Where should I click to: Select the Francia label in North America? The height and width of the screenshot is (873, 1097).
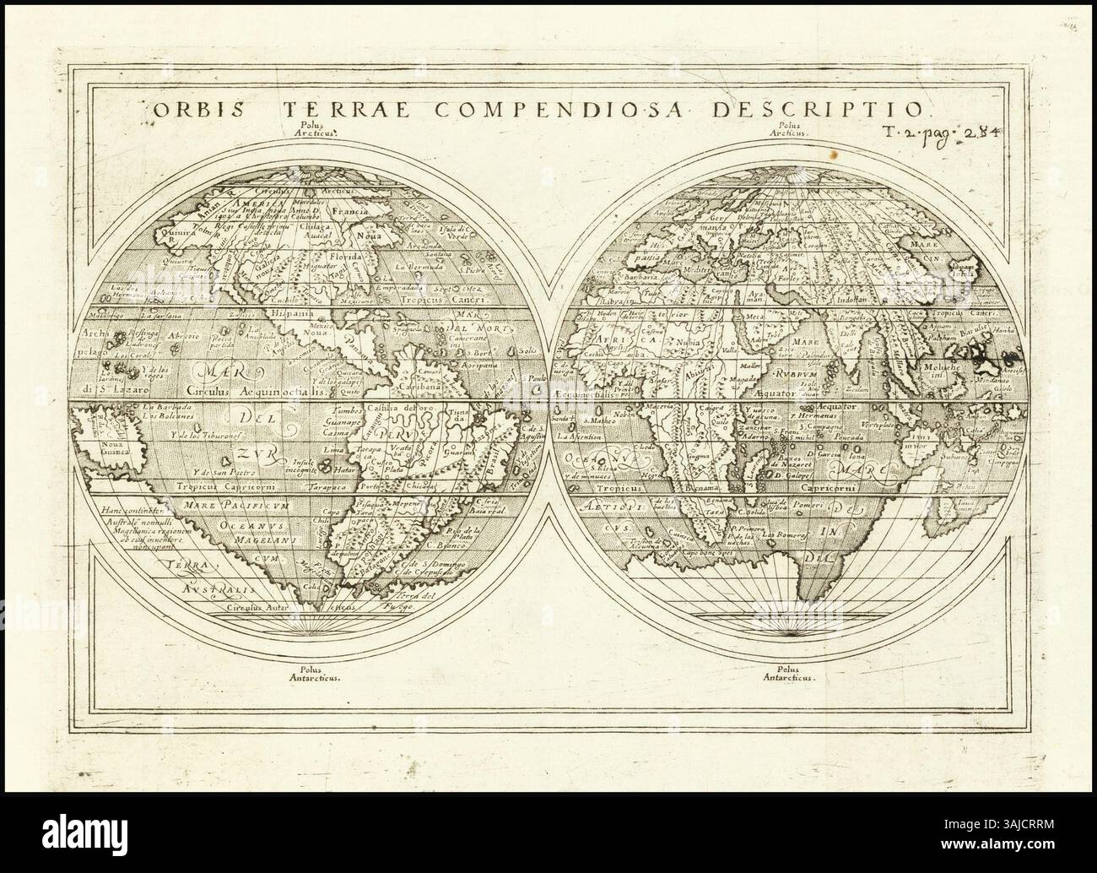353,212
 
